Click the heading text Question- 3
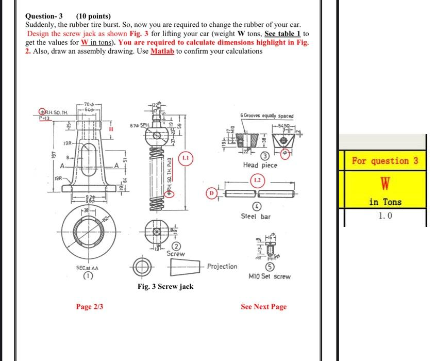point(44,16)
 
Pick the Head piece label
point(260,165)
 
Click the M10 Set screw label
point(270,276)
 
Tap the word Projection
point(222,266)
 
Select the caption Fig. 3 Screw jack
point(165,286)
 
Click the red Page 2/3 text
point(90,306)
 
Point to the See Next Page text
point(263,306)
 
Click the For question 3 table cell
point(385,160)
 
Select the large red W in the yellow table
point(385,182)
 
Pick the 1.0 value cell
point(385,216)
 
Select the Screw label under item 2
point(176,254)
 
